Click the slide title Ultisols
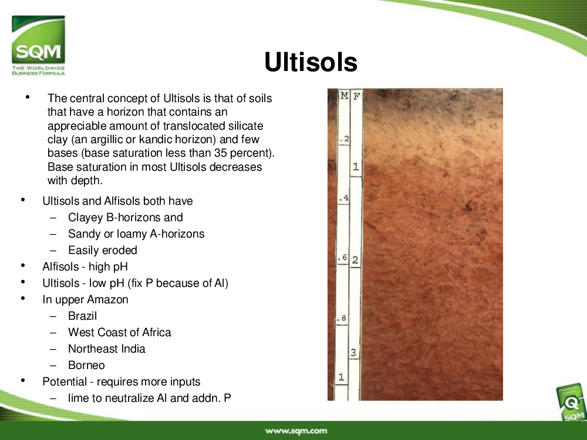(x=311, y=62)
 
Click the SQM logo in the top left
(x=38, y=45)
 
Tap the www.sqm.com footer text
(x=296, y=431)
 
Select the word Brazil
(x=82, y=316)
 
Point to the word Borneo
(x=86, y=365)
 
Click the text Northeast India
(x=107, y=348)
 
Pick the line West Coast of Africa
(x=119, y=332)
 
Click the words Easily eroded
(x=103, y=251)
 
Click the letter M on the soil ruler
(x=345, y=96)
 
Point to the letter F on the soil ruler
(x=356, y=97)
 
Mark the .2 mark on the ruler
(x=345, y=140)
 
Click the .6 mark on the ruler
(x=343, y=258)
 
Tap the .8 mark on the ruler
(x=342, y=319)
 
